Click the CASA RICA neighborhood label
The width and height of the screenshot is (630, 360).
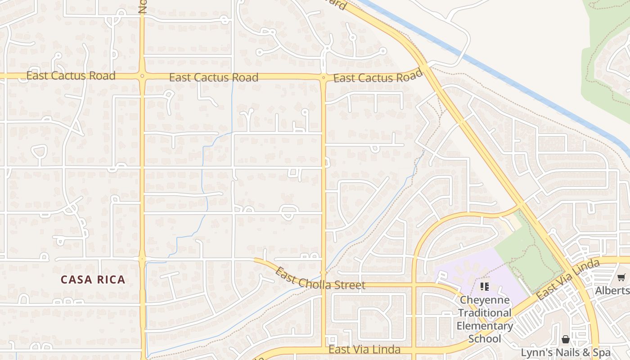tap(93, 280)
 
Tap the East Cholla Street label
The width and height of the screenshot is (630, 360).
tap(320, 279)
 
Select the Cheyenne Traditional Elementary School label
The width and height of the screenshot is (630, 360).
tap(485, 319)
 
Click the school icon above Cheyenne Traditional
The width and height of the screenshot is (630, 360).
tap(485, 286)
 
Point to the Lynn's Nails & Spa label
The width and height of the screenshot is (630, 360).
tap(566, 352)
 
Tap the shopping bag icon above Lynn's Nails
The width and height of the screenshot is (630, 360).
tap(566, 339)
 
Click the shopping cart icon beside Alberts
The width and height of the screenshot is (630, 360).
tap(621, 278)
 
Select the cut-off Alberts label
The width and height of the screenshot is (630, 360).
tap(612, 291)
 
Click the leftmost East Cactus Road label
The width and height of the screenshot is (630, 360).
tap(71, 76)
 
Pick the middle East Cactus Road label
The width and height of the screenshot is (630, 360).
tap(214, 77)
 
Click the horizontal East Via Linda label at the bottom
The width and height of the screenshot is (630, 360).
tap(364, 350)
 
